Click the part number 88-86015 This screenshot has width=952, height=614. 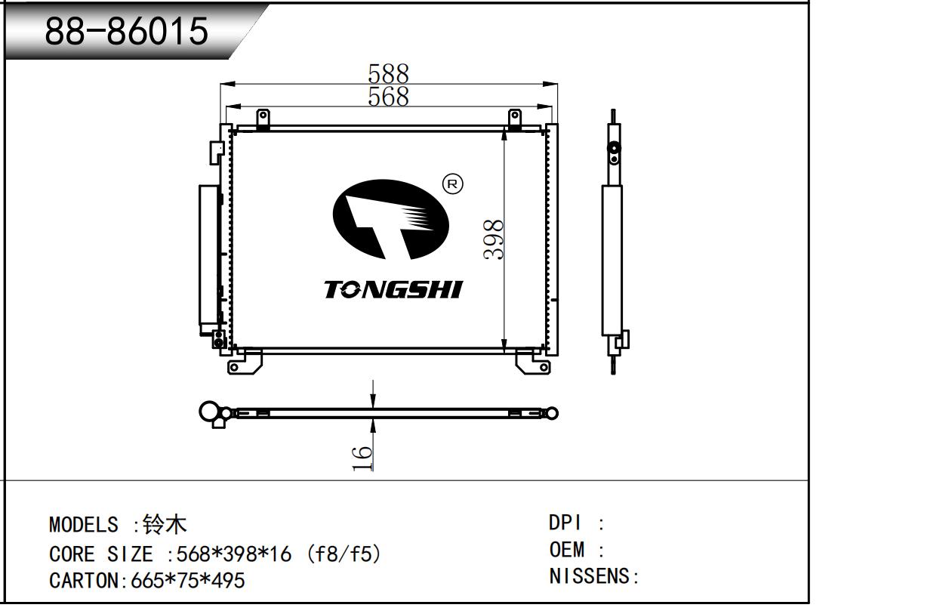pos(127,31)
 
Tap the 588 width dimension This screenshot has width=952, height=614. pos(389,73)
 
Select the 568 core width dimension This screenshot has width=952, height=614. pos(389,96)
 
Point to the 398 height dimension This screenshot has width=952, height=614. pos(494,239)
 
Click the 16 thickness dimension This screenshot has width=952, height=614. pos(362,458)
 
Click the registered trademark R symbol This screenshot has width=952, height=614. pos(453,184)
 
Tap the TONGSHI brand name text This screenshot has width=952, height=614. pos(393,289)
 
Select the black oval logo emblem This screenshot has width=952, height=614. pos(390,220)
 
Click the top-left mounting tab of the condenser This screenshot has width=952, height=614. pos(263,119)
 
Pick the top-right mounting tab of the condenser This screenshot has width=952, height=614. pos(515,119)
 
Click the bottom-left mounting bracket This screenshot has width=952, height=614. pos(245,362)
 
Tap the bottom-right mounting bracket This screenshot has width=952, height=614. pos(533,363)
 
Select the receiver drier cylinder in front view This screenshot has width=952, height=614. pos(208,255)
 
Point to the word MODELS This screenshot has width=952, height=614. pos(84,525)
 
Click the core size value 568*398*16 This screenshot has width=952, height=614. pos(234,554)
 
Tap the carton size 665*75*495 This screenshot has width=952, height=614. pos(188,581)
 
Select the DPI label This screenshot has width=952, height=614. pos(565,523)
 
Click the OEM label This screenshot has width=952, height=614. pos(566,549)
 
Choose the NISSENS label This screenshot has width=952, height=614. pos(589,576)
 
